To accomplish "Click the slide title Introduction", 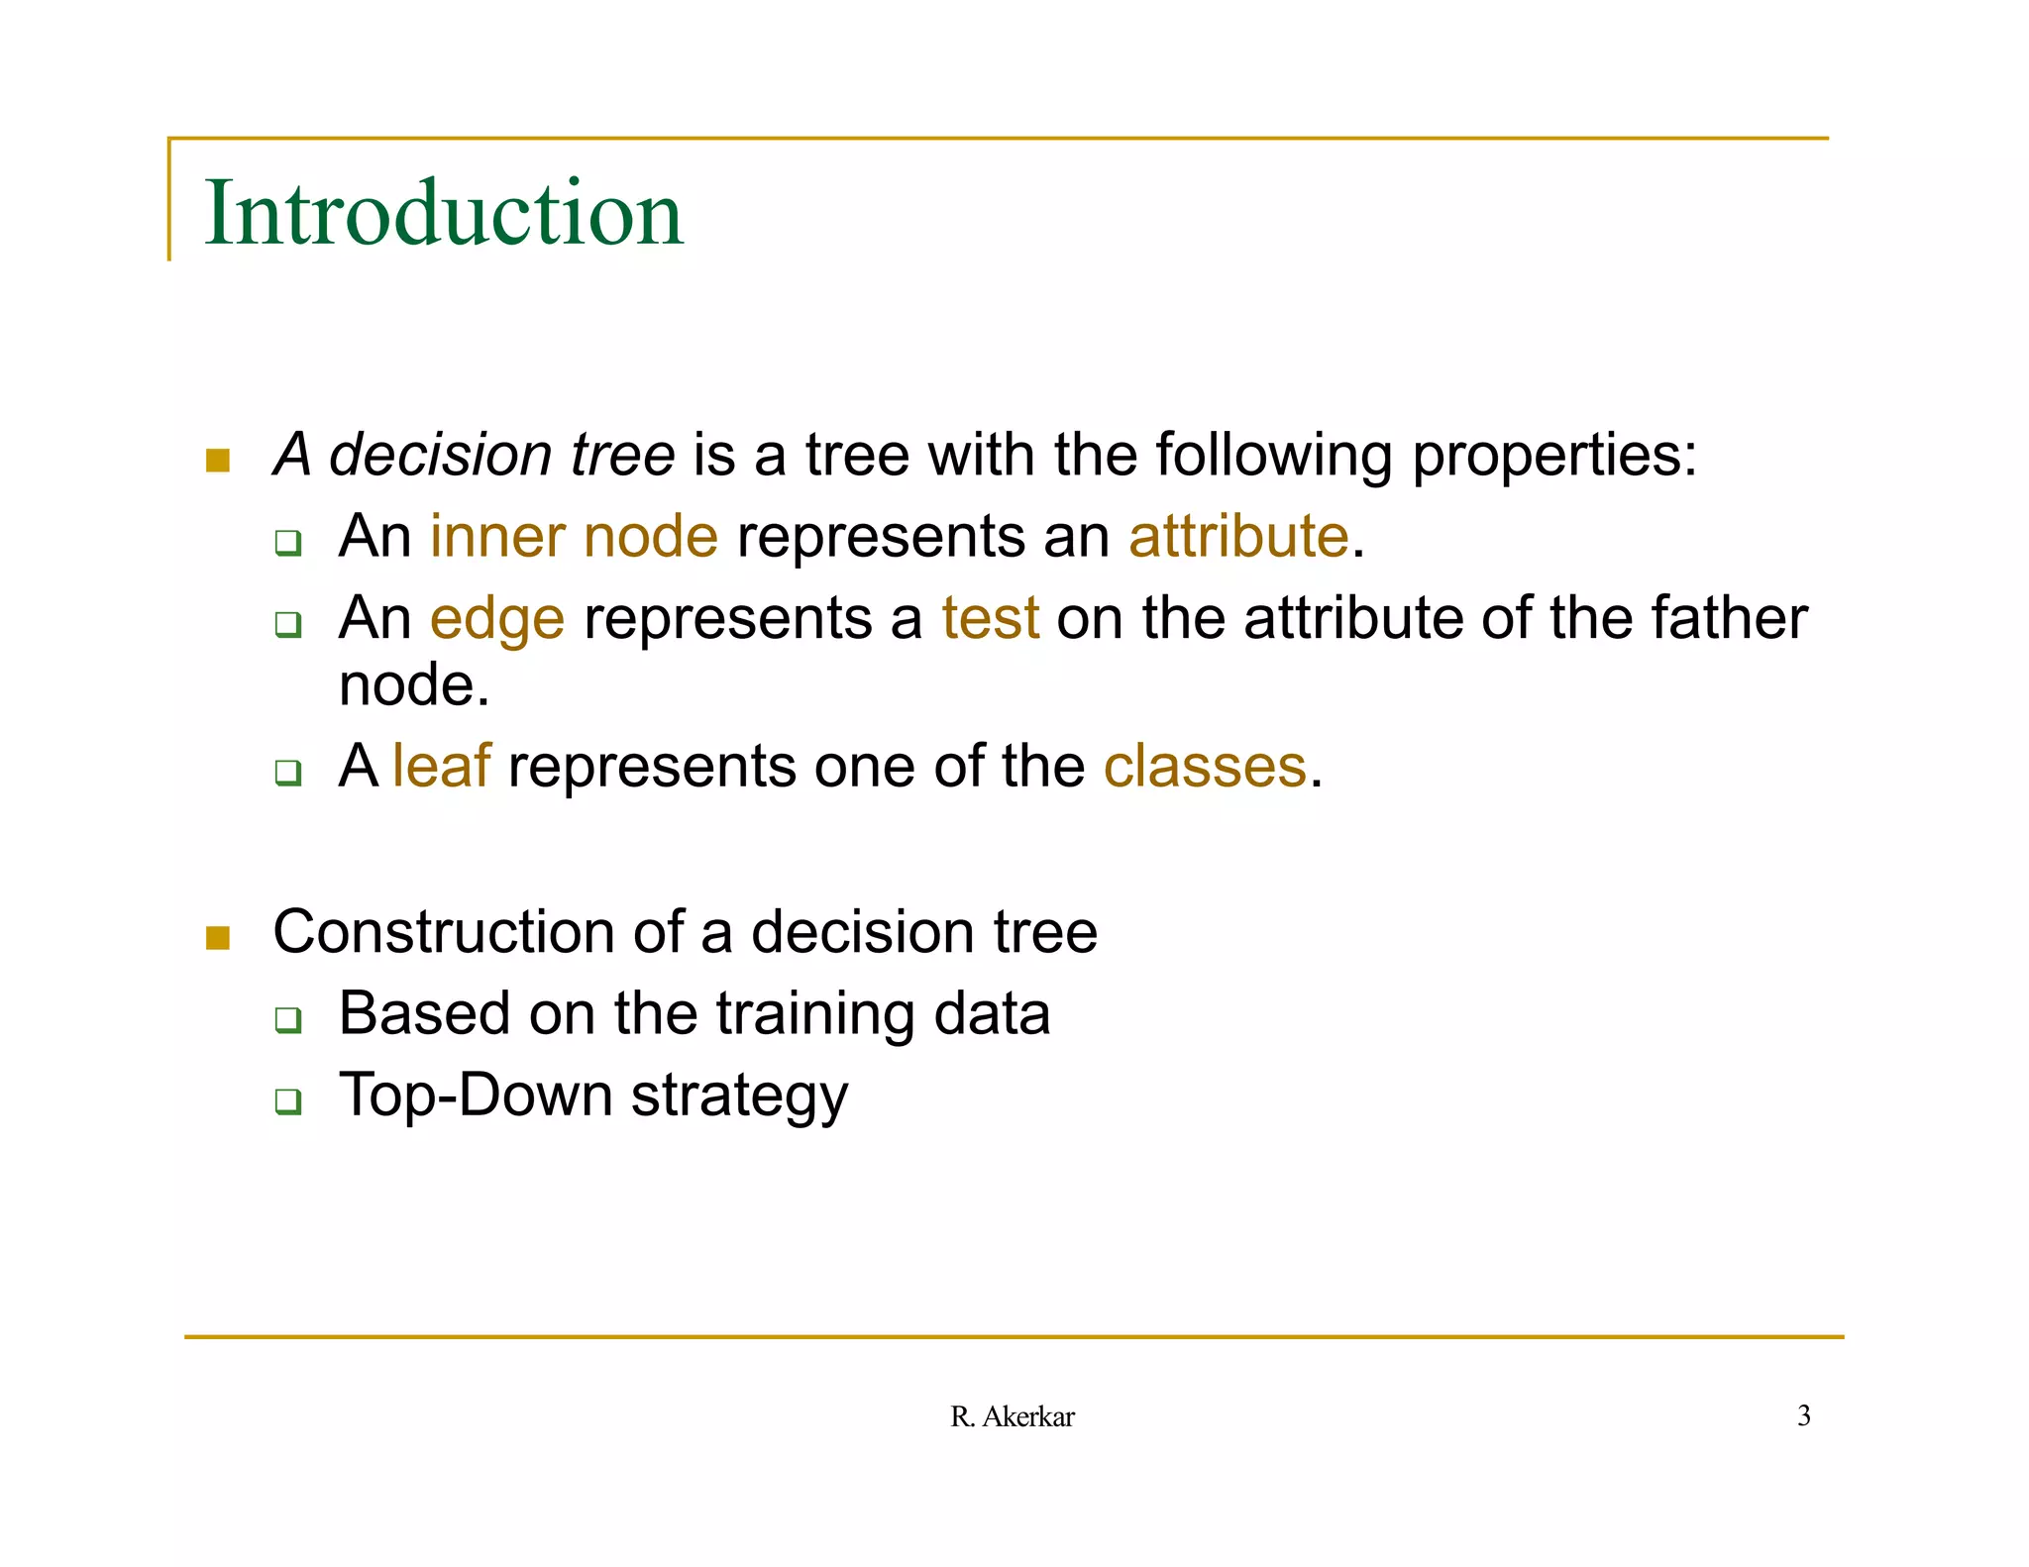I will (443, 213).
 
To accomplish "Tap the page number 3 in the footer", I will (1803, 1415).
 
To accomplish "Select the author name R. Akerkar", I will (1012, 1416).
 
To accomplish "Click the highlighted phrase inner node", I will (574, 537).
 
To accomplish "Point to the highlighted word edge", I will (497, 620).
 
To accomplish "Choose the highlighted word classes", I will (1205, 767).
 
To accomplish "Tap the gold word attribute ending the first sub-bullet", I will (1238, 537).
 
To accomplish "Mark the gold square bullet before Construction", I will (218, 936).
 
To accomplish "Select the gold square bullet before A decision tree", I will (218, 460).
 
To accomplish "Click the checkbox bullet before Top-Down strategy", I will (288, 1100).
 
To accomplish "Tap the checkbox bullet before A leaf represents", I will (288, 772).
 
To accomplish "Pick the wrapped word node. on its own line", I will (414, 685).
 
